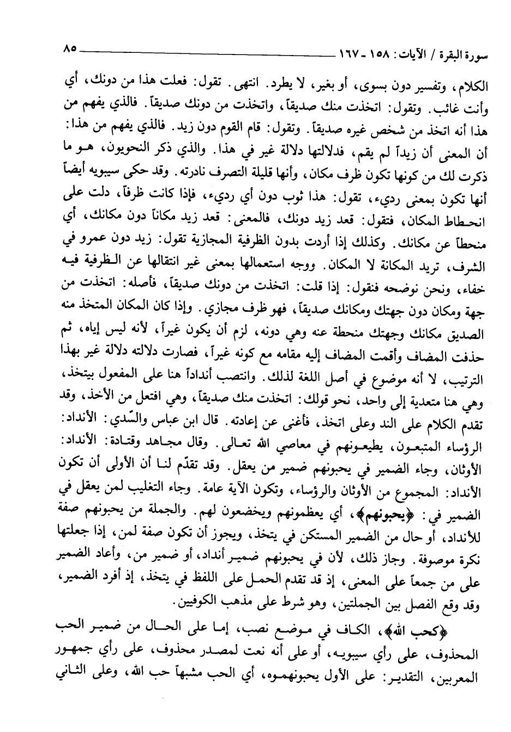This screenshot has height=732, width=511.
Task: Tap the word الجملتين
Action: tap(355, 604)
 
